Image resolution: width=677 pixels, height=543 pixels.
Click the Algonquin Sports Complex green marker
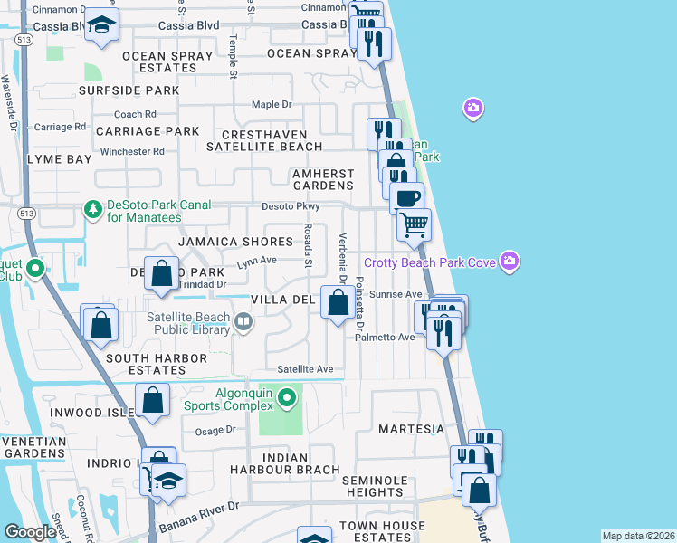287,396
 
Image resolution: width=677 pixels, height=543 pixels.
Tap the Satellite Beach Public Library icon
243,321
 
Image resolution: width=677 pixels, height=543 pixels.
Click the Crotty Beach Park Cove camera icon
510,262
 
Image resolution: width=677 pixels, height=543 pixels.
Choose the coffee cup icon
406,196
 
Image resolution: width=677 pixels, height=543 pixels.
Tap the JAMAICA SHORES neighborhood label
235,242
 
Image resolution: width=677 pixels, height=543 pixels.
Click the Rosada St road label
308,246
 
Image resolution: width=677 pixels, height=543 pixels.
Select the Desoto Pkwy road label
291,206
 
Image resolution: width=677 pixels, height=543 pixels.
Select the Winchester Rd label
132,151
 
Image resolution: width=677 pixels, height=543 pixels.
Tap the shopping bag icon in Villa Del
338,304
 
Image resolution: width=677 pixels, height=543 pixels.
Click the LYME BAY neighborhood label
60,159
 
